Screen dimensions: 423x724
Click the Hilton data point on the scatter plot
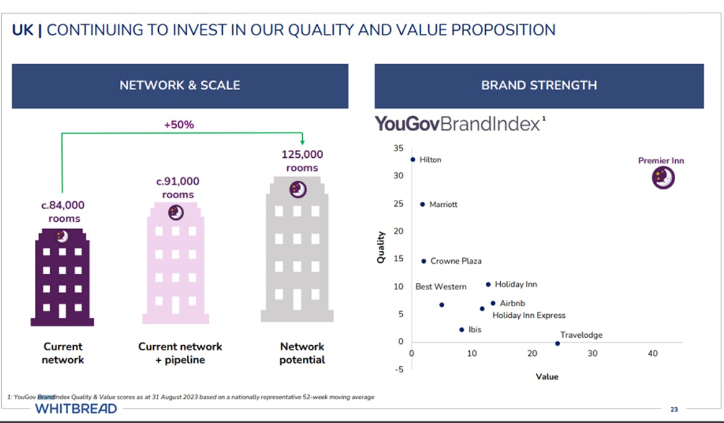[413, 160]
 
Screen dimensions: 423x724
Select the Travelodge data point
[557, 343]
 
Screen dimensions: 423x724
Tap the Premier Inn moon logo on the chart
[662, 178]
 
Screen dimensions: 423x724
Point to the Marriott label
[443, 204]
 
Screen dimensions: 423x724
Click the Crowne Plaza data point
[424, 261]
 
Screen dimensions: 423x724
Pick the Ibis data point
[462, 330]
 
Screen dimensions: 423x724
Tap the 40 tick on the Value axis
[653, 354]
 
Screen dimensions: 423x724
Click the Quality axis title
[381, 247]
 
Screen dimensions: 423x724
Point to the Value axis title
[547, 376]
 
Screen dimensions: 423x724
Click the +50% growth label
[179, 125]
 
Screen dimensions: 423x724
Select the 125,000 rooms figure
[302, 161]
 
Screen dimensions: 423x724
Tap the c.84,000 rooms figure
[64, 211]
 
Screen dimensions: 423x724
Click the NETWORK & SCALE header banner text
[180, 86]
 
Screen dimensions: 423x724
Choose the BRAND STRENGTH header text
[539, 86]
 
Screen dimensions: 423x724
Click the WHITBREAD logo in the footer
[76, 409]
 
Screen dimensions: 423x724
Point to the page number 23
[674, 409]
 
